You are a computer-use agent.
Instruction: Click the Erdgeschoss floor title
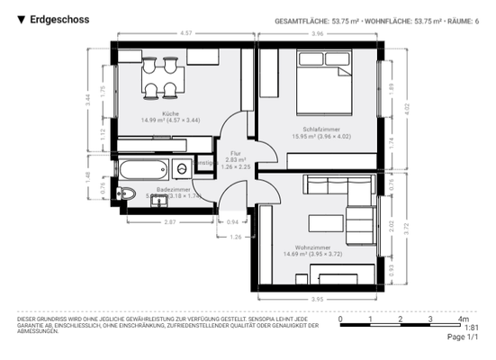[59, 19]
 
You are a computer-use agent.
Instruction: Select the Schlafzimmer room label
[320, 129]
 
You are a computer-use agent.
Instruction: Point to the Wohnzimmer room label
[313, 247]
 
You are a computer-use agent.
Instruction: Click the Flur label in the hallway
[236, 154]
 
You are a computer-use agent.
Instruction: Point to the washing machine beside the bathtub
[184, 166]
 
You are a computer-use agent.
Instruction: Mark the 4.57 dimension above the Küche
[185, 33]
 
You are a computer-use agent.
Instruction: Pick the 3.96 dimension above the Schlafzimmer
[318, 33]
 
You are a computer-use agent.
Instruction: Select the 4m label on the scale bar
[464, 319]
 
